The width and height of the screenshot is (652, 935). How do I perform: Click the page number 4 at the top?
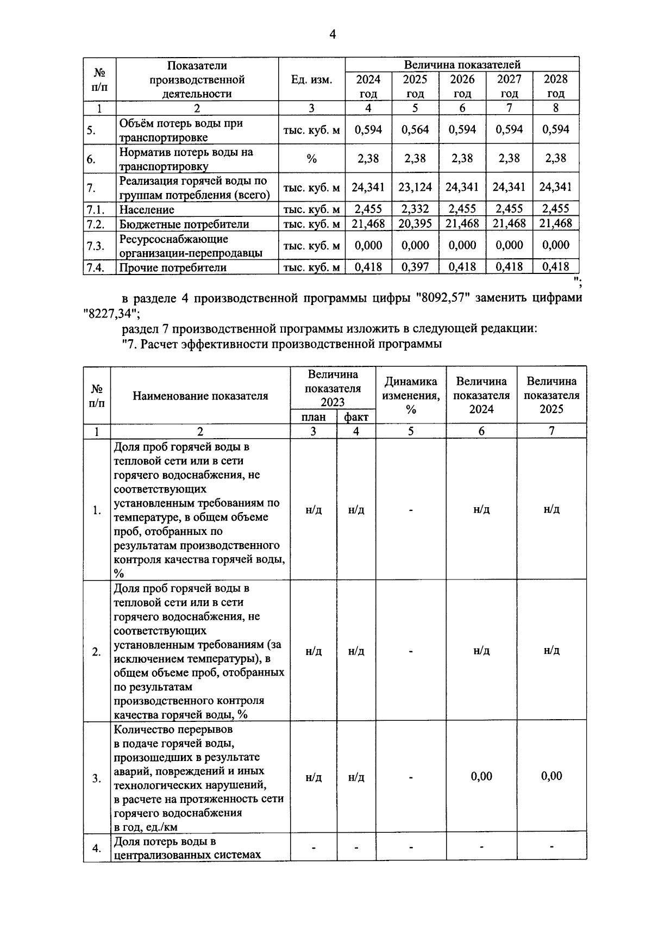pyautogui.click(x=333, y=35)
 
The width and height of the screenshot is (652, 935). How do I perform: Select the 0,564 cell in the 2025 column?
pyautogui.click(x=415, y=129)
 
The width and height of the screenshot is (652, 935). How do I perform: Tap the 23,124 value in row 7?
pyautogui.click(x=415, y=188)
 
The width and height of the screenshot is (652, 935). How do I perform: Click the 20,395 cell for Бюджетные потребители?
pyautogui.click(x=415, y=223)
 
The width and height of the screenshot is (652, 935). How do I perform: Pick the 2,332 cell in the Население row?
pyautogui.click(x=415, y=209)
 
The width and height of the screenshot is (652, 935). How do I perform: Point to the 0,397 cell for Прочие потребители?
pyautogui.click(x=415, y=267)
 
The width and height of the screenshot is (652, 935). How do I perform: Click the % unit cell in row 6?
pyautogui.click(x=311, y=159)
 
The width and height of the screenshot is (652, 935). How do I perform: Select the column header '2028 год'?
pyautogui.click(x=555, y=86)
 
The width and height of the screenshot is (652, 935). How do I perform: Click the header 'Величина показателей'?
pyautogui.click(x=462, y=65)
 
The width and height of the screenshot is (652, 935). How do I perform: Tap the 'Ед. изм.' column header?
pyautogui.click(x=311, y=80)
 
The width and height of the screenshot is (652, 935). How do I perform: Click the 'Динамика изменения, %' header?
pyautogui.click(x=410, y=395)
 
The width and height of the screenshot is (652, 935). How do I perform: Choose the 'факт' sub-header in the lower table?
pyautogui.click(x=356, y=417)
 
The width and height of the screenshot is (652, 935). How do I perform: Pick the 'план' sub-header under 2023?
pyautogui.click(x=313, y=417)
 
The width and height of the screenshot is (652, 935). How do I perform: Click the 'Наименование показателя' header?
pyautogui.click(x=200, y=396)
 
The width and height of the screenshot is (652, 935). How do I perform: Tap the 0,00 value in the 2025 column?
pyautogui.click(x=551, y=776)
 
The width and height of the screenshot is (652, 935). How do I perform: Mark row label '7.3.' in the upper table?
pyautogui.click(x=96, y=246)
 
